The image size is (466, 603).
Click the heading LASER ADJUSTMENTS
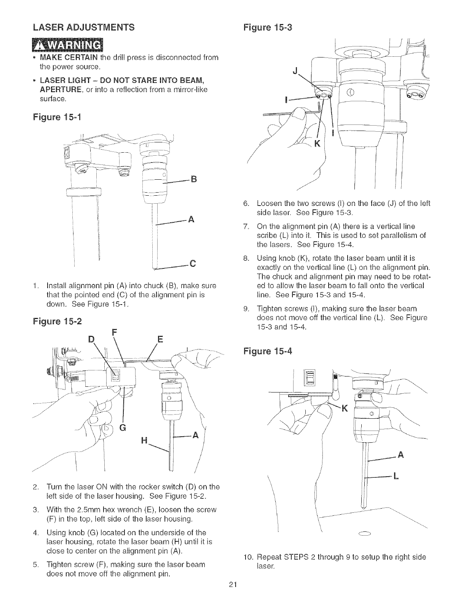click(x=83, y=27)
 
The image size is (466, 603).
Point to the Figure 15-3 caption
click(x=267, y=28)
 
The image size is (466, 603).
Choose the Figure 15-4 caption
click(x=267, y=351)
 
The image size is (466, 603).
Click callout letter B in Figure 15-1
click(x=193, y=179)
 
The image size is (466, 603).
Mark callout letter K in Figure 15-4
click(x=345, y=409)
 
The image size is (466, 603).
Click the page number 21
click(x=233, y=585)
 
